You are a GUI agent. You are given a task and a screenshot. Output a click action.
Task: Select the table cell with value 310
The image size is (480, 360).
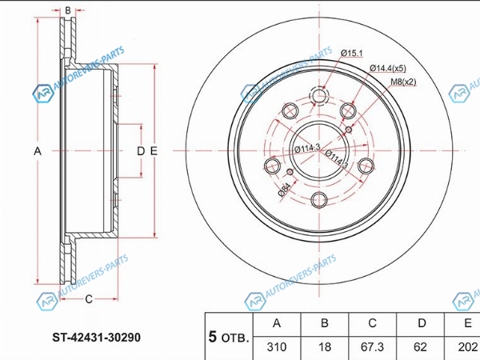pyautogui.click(x=276, y=347)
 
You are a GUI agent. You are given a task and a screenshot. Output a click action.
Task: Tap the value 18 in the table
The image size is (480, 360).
pyautogui.click(x=323, y=347)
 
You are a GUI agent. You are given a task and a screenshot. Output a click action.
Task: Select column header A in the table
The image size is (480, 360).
pyautogui.click(x=276, y=324)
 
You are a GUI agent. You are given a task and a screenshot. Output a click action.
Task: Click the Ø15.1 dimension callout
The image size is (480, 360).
pyautogui.click(x=352, y=54)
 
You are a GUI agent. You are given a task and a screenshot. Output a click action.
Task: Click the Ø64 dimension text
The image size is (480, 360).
pyautogui.click(x=284, y=188)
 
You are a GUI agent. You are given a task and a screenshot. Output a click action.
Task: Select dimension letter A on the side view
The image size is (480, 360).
pyautogui.click(x=37, y=150)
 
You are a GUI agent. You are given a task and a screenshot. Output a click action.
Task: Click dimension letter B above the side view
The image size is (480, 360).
pyautogui.click(x=68, y=11)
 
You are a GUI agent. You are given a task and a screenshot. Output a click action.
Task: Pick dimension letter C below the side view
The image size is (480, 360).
pyautogui.click(x=89, y=300)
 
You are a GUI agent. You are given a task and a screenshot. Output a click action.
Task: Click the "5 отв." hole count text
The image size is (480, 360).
pyautogui.click(x=228, y=335)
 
